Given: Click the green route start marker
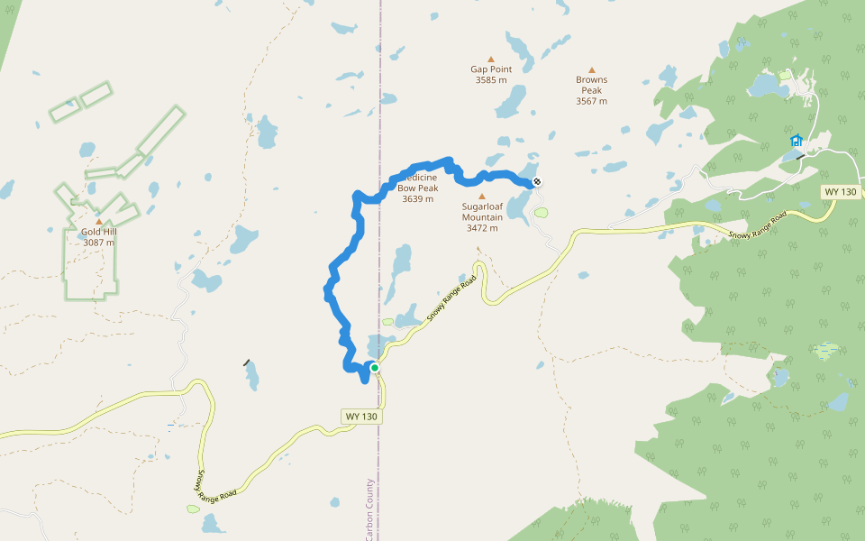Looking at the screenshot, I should coord(374,368).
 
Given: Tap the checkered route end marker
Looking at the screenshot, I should coord(537,182).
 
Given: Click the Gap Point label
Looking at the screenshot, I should coord(491,69).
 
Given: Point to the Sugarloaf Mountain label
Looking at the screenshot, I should coord(482,211).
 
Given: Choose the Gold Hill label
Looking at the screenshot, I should coord(99,232).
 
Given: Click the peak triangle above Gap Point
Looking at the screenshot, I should coord(491,59).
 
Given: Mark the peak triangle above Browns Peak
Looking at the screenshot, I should coord(592,69).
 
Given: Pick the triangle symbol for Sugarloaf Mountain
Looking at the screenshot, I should coord(481,196).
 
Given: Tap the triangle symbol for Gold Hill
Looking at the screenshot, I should coord(99,221).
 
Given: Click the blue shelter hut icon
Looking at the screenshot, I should coord(797,141).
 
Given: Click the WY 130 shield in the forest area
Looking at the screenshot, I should coord(840,192).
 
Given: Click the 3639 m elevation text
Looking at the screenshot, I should coord(418,199).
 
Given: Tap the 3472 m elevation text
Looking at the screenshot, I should coord(482,228).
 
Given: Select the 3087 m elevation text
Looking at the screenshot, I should coord(99,243).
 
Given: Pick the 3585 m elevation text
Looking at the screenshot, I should coord(491,80).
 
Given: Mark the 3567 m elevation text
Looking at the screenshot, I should coord(591,101).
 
